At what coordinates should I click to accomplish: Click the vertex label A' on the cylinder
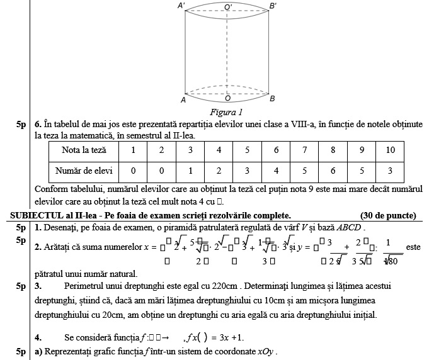(x=181, y=6)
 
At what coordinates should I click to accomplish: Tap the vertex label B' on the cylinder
(x=273, y=6)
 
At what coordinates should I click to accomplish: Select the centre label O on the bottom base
(x=227, y=99)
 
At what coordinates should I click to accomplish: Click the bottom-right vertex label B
(x=272, y=99)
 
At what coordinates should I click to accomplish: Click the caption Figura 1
(x=226, y=112)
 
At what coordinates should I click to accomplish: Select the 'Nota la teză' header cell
(x=84, y=150)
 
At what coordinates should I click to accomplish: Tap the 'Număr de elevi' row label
(x=84, y=171)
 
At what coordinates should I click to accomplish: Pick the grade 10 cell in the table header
(x=390, y=150)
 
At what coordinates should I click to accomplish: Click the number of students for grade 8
(x=333, y=171)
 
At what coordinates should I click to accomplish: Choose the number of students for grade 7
(x=304, y=171)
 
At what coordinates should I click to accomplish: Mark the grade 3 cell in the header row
(x=190, y=150)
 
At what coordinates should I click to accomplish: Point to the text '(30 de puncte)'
(x=388, y=215)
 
